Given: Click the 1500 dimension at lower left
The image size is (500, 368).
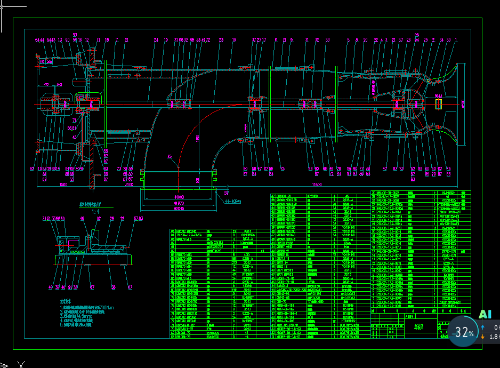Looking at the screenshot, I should click(x=63, y=185).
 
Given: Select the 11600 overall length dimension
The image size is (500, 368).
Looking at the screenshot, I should click(x=317, y=185).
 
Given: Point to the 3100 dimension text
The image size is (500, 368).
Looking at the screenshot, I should click(x=129, y=185).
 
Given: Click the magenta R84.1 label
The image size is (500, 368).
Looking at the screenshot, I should click(x=438, y=96).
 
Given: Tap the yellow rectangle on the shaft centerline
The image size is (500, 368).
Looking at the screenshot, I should click(x=439, y=103).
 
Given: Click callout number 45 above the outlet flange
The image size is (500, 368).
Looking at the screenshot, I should click(x=170, y=156).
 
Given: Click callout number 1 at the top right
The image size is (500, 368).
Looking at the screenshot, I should click(x=456, y=40).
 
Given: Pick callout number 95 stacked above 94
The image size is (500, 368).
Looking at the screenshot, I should click(x=417, y=35).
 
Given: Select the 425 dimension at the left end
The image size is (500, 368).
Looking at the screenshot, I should click(x=46, y=84).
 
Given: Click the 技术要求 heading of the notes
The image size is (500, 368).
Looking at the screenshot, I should click(x=66, y=301).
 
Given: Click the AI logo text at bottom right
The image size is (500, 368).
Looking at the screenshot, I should click(x=485, y=315).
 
